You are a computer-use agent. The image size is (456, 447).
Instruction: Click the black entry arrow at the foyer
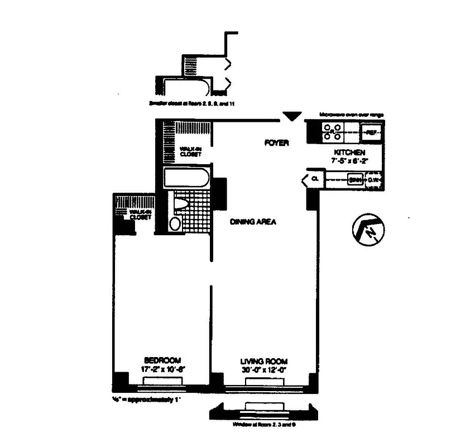[x=290, y=116]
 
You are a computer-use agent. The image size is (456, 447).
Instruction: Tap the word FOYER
[x=276, y=143]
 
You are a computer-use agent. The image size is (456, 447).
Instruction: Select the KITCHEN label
[x=349, y=153]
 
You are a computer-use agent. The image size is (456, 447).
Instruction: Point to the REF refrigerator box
[x=371, y=132]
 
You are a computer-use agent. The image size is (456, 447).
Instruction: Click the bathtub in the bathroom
[x=186, y=179]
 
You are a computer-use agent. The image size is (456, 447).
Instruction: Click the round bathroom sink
[x=175, y=225]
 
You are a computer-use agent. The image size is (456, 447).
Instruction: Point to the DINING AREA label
[x=253, y=222]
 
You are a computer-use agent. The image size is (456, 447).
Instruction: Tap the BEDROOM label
[x=162, y=360]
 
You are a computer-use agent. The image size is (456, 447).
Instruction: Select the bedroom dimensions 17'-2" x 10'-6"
[x=162, y=368]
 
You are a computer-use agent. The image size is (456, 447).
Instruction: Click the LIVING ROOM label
[x=264, y=361]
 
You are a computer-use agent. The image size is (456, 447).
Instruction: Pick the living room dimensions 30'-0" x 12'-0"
[x=264, y=369]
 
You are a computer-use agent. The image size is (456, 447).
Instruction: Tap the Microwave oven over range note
[x=351, y=115]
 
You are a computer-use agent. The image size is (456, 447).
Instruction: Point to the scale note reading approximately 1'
[x=147, y=400]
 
